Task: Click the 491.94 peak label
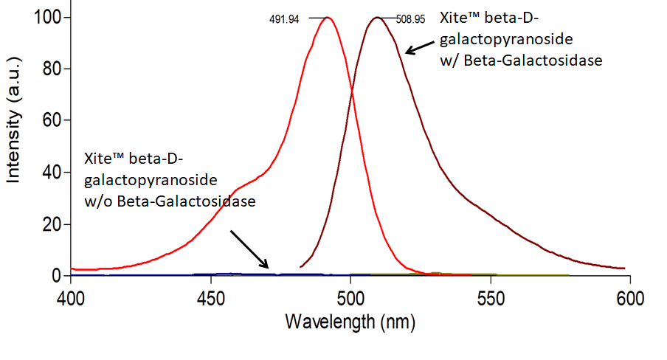click(x=284, y=19)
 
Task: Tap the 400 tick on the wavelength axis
click(x=70, y=297)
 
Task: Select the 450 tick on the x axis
click(x=211, y=297)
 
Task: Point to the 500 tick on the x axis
click(x=350, y=297)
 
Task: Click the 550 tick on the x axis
click(x=490, y=297)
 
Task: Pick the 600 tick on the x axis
click(x=629, y=297)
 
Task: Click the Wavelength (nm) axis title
click(x=350, y=322)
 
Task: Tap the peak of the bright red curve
click(x=327, y=18)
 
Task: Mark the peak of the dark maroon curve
click(x=376, y=18)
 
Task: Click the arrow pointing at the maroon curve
click(x=420, y=47)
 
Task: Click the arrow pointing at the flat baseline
click(x=249, y=249)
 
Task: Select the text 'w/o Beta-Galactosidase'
click(x=170, y=200)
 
